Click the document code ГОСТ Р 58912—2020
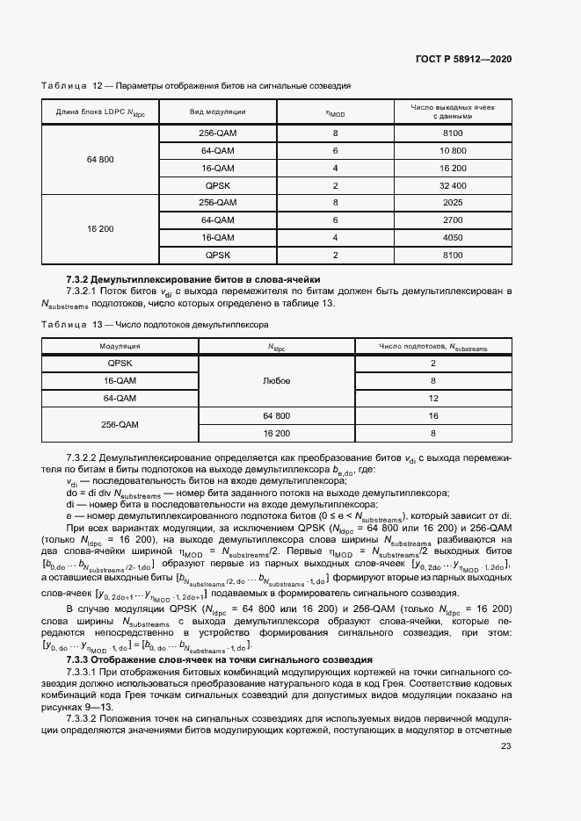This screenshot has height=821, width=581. tap(463, 59)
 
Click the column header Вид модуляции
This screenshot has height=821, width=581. tap(217, 112)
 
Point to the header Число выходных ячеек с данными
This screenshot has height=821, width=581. tap(453, 112)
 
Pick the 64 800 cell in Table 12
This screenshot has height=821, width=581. tap(100, 159)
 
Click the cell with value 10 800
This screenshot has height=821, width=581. tap(453, 150)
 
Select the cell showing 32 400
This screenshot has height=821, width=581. tap(453, 185)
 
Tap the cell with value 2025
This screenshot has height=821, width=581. tap(453, 202)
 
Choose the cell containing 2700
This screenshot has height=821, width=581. tap(453, 220)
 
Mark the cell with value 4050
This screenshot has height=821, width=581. tap(453, 237)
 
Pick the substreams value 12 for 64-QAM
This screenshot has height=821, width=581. tap(433, 398)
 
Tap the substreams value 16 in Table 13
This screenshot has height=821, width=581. tap(433, 415)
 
